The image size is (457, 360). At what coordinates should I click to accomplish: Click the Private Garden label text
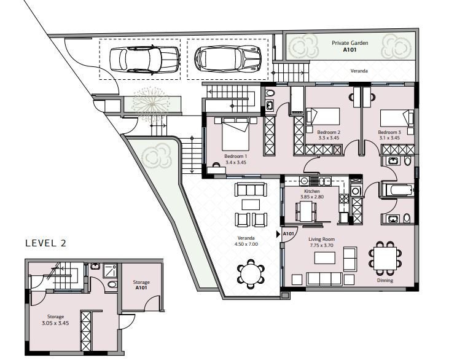pos(350,43)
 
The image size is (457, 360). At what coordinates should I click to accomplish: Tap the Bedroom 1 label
pos(235,156)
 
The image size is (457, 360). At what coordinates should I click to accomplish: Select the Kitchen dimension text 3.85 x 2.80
pos(312,197)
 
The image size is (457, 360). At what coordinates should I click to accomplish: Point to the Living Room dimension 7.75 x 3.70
pos(321,245)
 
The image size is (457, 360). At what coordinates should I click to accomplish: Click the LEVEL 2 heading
pos(45,243)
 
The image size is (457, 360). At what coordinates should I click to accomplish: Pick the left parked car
pos(144,60)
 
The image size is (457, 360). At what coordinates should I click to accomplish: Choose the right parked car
pos(228,58)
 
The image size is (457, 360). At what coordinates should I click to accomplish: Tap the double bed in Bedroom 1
pos(235,134)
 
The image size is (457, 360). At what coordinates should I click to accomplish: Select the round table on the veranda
pos(251,274)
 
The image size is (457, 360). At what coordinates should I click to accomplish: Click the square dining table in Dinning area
pos(385,258)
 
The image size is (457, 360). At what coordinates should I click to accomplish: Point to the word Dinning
pos(385,280)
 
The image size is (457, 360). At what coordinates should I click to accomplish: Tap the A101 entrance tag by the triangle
pos(288,233)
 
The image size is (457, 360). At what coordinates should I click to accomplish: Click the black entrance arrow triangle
pos(278,234)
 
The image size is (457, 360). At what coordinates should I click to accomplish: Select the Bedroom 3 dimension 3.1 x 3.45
pos(389,138)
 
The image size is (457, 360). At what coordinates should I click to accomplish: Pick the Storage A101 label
pos(141,285)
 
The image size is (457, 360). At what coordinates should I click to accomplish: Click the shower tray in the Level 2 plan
pos(110,271)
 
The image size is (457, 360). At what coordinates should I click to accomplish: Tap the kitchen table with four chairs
pos(306,211)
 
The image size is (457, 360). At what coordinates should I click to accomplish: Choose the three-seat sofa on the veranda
pos(251,189)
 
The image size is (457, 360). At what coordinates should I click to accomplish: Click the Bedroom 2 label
pos(329,132)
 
